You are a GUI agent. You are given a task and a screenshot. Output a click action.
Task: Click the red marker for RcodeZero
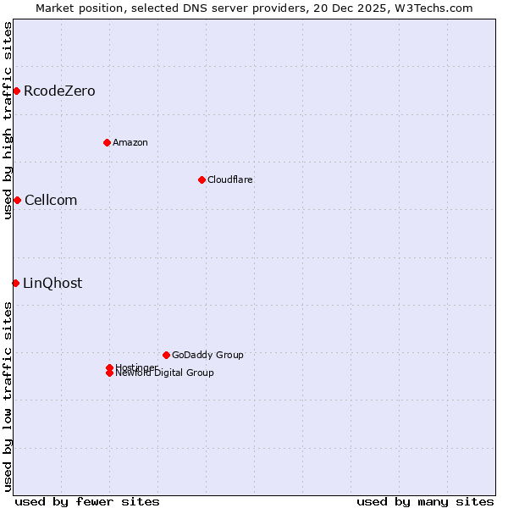coord(16,91)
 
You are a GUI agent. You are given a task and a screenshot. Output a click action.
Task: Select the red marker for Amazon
coord(107,142)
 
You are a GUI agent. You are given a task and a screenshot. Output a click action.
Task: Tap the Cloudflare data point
coord(202,179)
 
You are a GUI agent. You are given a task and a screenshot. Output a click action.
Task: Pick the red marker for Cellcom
coord(17,200)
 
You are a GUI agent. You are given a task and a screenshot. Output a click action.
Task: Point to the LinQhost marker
coord(15,283)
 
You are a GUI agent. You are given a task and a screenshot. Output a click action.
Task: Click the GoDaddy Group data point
coord(166,355)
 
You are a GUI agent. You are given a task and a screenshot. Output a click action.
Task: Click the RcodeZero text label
coord(59,91)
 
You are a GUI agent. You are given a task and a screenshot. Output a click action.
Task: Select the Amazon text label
coord(130,142)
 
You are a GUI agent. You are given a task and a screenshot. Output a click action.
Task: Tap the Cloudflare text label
coord(230,179)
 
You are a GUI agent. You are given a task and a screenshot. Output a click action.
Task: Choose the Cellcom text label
coord(51,200)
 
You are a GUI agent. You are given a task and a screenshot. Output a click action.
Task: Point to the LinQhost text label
coord(52,283)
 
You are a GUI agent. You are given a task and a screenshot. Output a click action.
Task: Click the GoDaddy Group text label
coord(207,355)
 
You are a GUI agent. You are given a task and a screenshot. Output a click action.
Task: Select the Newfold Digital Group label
coord(164,373)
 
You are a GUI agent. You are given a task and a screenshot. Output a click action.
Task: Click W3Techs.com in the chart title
coord(435,8)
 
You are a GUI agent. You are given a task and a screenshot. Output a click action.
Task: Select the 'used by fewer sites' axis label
coord(87,501)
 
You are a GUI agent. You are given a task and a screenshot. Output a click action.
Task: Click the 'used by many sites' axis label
coord(425,501)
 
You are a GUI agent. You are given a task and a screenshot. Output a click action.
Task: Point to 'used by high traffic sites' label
coord(8,120)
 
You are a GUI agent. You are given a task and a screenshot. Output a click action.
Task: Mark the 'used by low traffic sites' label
coord(8,396)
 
